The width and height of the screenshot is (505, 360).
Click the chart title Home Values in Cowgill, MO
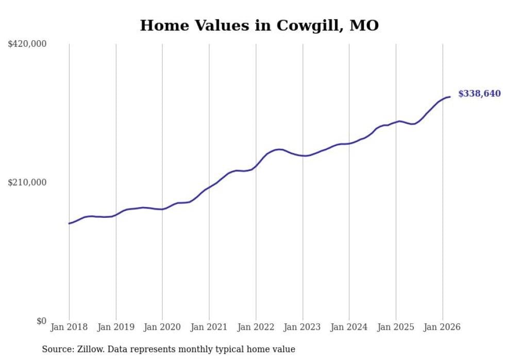click(259, 25)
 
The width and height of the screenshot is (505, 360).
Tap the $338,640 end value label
click(479, 93)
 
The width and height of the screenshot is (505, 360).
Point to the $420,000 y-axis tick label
click(27, 44)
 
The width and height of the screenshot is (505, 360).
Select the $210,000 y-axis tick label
click(27, 182)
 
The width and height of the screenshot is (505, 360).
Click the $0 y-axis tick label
click(41, 321)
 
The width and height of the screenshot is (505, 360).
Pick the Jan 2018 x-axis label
click(69, 327)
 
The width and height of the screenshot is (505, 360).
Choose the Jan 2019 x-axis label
click(116, 327)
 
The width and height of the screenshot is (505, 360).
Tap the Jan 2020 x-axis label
click(162, 327)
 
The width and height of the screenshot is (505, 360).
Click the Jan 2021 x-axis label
click(209, 327)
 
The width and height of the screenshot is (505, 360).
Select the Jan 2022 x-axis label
click(256, 327)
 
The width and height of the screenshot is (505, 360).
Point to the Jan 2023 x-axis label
click(302, 327)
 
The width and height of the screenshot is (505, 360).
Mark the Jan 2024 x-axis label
click(349, 327)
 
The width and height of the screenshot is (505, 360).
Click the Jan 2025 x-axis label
click(396, 327)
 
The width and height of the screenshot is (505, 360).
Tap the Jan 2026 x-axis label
click(442, 327)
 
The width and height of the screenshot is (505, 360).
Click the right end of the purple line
click(450, 97)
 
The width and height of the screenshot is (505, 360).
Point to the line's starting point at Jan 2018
click(69, 224)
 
